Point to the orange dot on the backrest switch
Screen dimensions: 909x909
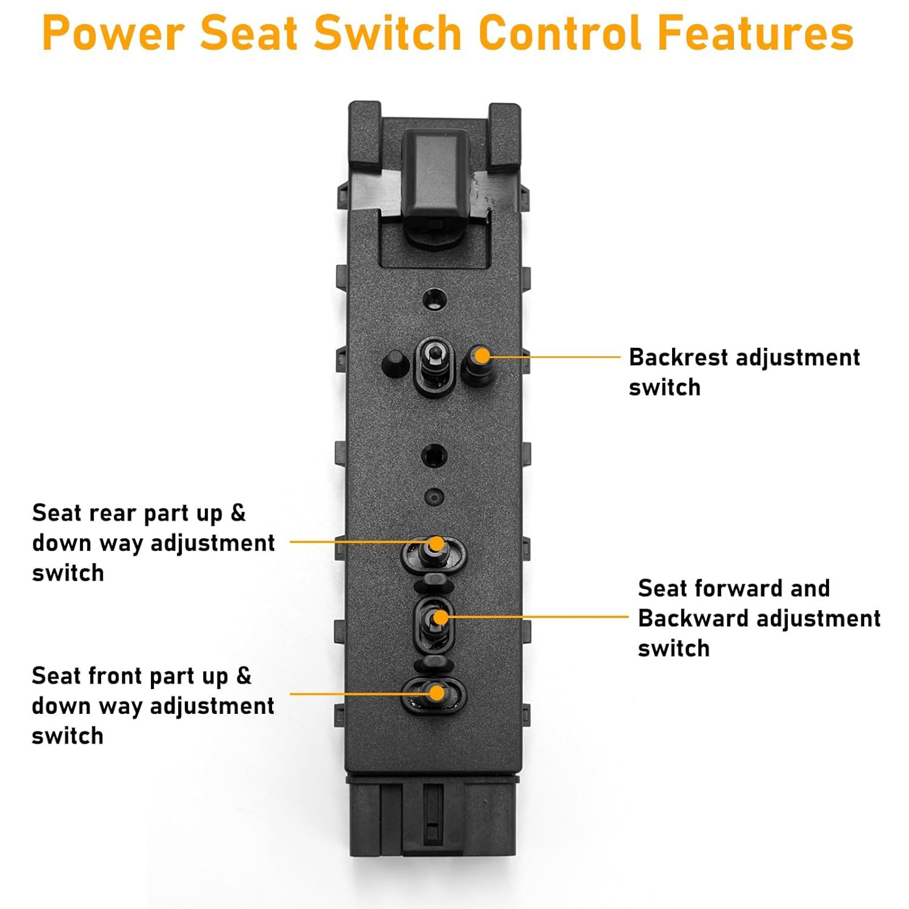point(481,356)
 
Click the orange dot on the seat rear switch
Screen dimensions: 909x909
point(436,544)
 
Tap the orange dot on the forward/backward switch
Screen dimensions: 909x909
point(441,618)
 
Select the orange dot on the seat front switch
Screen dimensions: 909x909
point(436,692)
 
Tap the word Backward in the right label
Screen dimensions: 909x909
point(694,619)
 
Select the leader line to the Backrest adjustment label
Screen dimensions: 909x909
point(554,357)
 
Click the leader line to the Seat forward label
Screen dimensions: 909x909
point(539,617)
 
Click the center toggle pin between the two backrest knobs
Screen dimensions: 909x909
point(433,356)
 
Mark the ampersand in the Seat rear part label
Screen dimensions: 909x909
point(238,513)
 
